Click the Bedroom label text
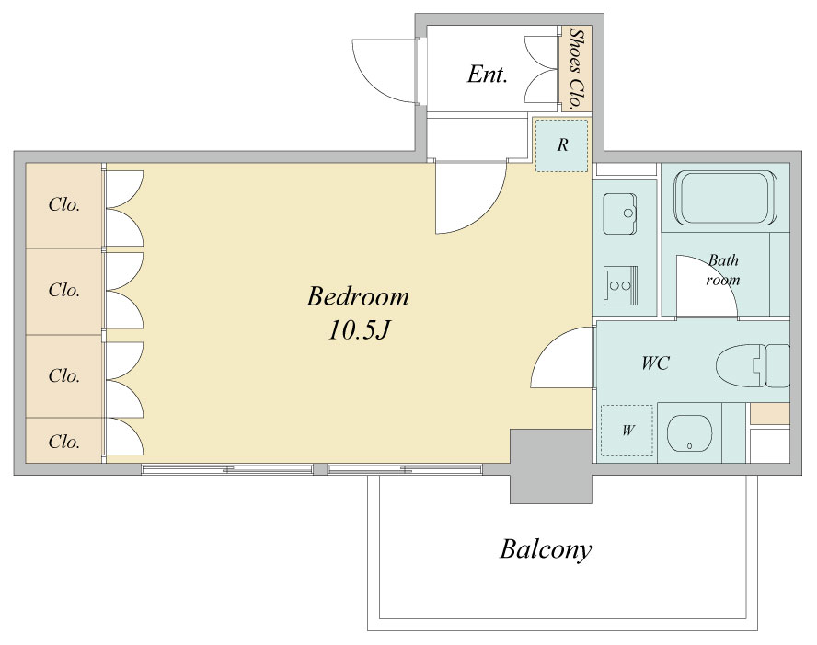point(357,297)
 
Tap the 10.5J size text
point(359,330)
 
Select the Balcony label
point(546,549)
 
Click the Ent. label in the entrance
point(488,74)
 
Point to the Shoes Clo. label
point(576,68)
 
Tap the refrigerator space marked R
point(562,144)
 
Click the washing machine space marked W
point(627,431)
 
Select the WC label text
point(655,363)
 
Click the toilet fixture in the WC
point(753,364)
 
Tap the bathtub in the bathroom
point(726,198)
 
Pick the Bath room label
point(722,270)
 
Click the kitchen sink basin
point(620,214)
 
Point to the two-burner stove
point(620,285)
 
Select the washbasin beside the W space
point(689,433)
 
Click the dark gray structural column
point(551,466)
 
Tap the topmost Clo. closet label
point(64,205)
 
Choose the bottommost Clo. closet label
point(64,442)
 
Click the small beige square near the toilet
point(769,414)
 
